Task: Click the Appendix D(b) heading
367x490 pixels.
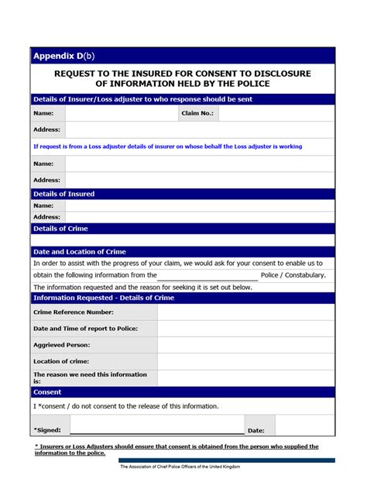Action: pos(63,56)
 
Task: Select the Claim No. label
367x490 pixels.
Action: pos(197,113)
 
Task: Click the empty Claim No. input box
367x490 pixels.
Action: pos(276,113)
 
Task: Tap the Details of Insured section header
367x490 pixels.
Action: pos(63,194)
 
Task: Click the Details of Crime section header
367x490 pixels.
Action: pos(60,229)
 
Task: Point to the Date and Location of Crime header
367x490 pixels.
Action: pos(79,252)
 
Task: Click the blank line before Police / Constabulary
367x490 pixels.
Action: pos(208,275)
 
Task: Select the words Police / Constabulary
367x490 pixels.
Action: pos(293,275)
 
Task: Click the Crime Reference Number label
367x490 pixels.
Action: pos(74,312)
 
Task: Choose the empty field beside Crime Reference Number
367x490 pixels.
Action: pos(245,312)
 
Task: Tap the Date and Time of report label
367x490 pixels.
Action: pos(85,329)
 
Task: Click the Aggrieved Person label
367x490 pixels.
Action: pos(62,345)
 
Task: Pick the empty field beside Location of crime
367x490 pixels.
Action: pos(245,361)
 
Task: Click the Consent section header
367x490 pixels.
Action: pos(47,392)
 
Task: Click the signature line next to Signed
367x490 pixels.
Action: pos(157,428)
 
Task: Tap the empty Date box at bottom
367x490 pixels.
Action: pos(304,426)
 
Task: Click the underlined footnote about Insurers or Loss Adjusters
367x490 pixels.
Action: pos(177,450)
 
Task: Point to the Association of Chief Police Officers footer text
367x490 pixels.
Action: pos(180,467)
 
